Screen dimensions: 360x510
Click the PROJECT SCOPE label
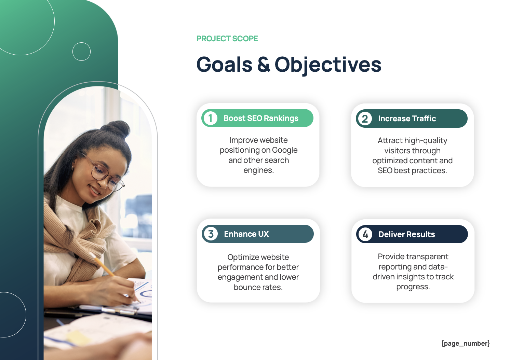pos(227,39)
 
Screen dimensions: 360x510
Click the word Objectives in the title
pos(328,65)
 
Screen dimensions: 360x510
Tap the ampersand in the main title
pos(263,65)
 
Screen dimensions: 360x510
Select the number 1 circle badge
pos(211,118)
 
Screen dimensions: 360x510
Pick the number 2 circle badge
pos(365,119)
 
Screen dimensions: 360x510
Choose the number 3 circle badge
pos(211,234)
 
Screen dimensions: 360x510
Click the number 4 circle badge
pos(365,234)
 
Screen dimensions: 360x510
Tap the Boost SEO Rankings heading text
pos(261,118)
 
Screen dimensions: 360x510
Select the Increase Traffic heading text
pos(407,119)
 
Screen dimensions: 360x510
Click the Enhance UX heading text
pos(246,234)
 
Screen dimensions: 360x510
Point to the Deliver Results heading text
pos(406,234)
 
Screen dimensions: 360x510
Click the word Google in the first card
pos(285,150)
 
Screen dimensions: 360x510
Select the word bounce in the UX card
pos(245,288)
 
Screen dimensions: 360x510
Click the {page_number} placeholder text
pos(465,343)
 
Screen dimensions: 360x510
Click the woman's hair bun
pos(118,129)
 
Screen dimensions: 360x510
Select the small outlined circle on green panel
pos(81,52)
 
